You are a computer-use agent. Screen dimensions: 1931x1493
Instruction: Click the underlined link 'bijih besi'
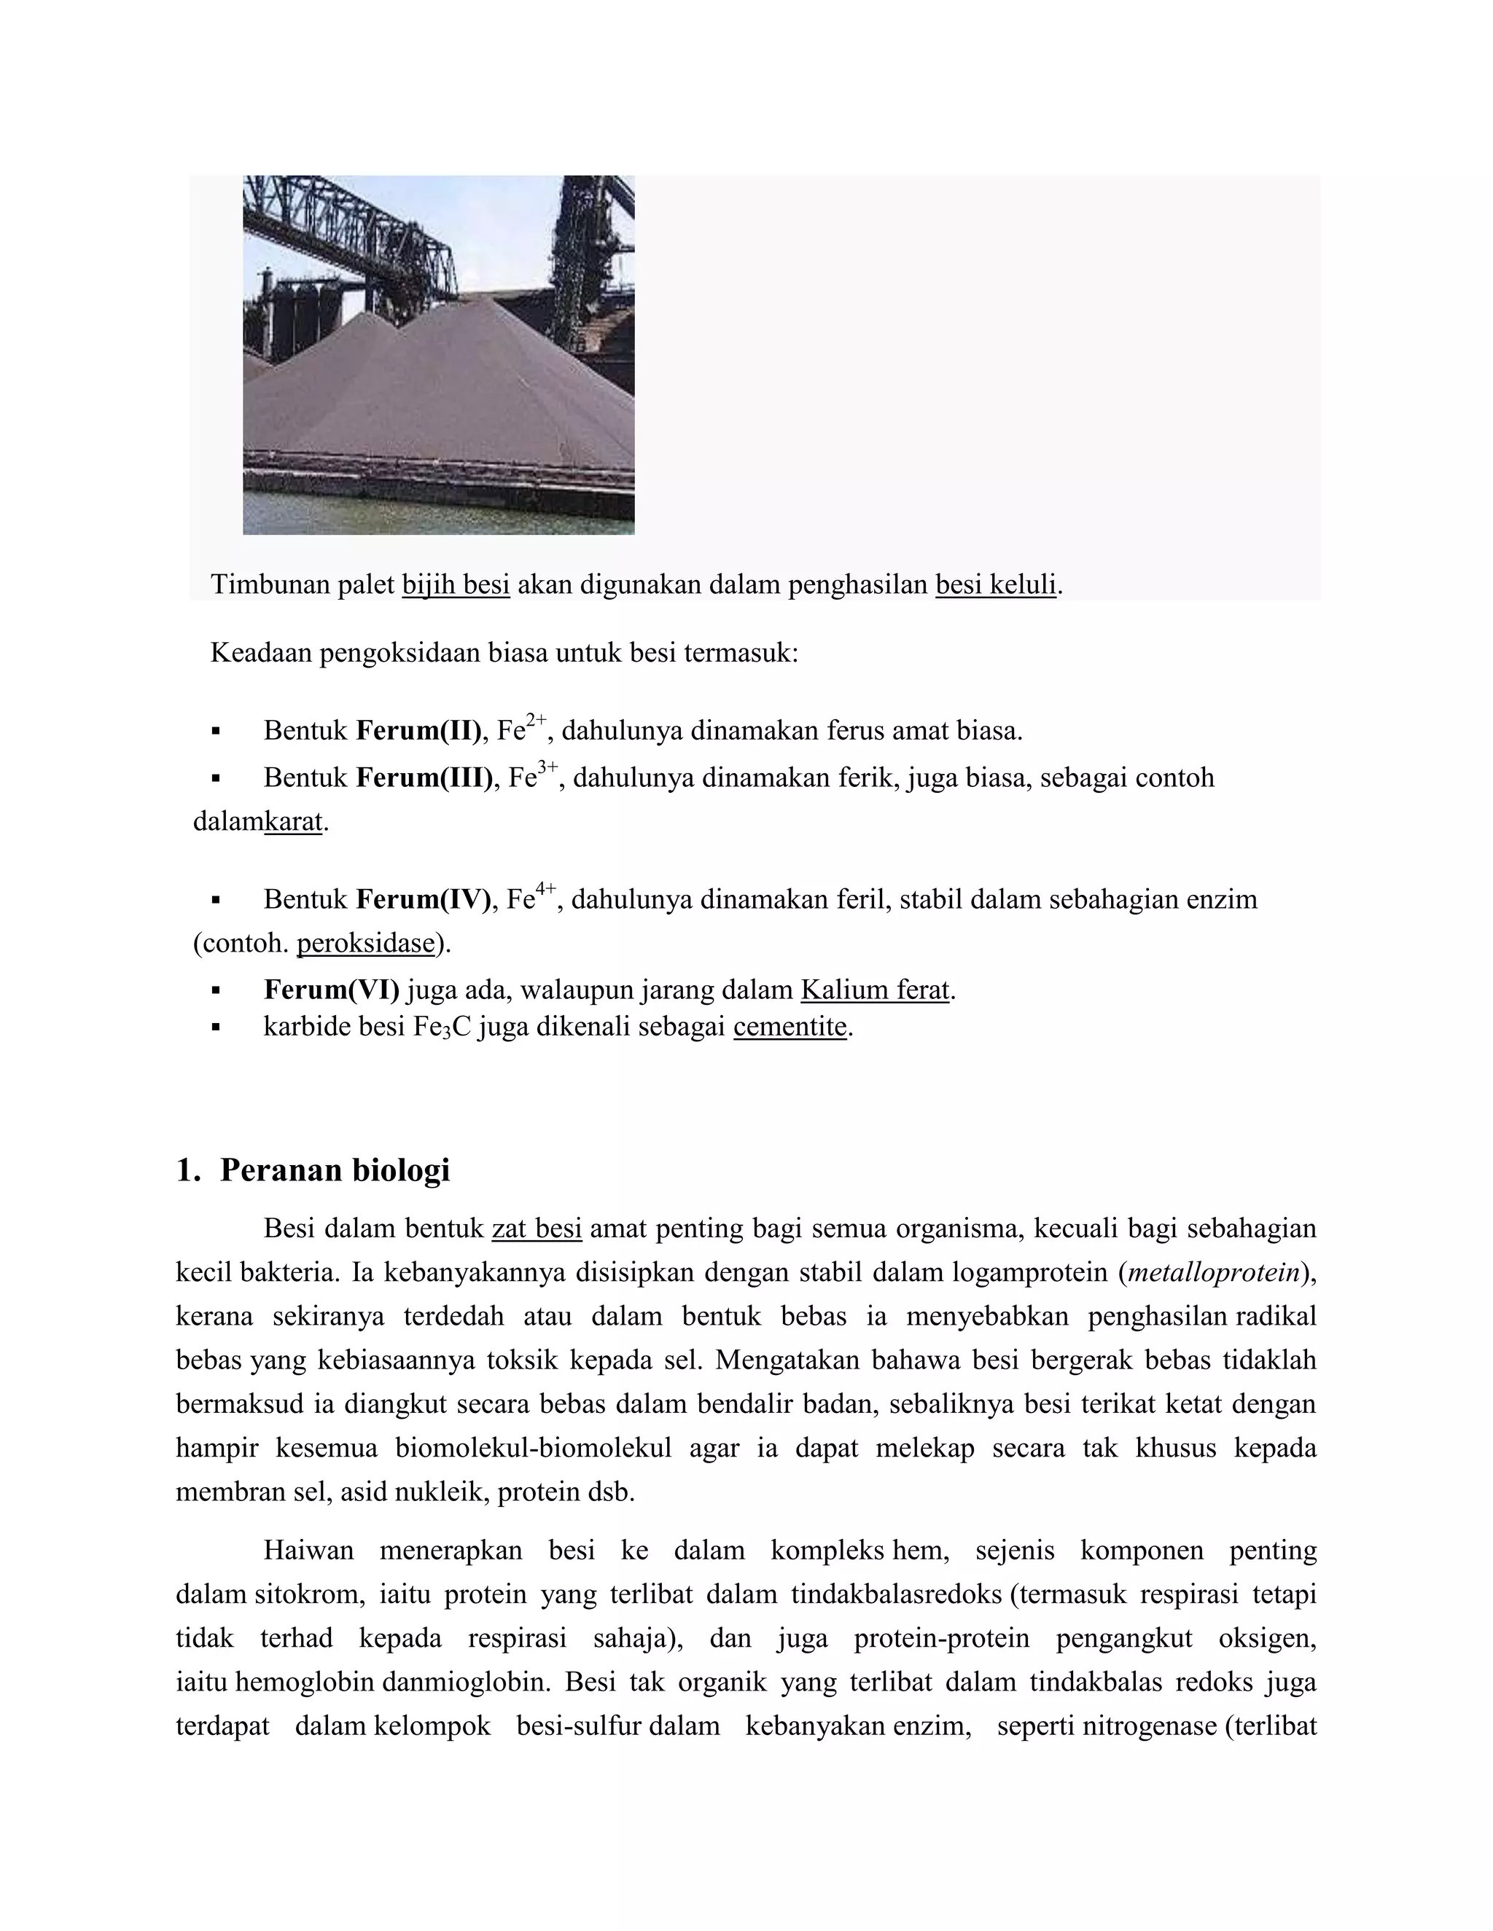pos(456,584)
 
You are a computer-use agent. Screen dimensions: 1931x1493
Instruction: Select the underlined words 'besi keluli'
pos(996,584)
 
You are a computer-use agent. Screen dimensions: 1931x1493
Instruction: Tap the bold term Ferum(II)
pos(418,731)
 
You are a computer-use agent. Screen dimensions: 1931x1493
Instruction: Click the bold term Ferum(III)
pos(424,778)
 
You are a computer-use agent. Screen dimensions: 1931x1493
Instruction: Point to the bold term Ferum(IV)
pos(423,900)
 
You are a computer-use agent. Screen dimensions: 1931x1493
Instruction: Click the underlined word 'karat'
pos(294,822)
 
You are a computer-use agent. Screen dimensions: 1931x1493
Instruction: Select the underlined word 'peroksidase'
pos(366,944)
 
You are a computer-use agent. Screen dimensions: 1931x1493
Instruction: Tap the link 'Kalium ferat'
pos(875,990)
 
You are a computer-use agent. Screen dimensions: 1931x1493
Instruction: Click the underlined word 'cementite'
pos(790,1027)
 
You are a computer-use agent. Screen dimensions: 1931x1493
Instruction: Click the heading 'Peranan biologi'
pos(335,1170)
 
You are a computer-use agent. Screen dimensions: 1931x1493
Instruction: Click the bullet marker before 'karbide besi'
pos(215,1028)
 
